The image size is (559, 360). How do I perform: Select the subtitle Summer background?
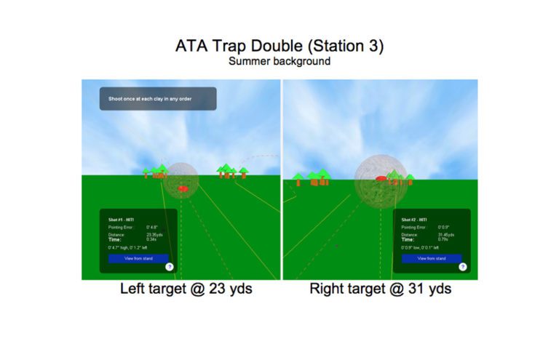279,62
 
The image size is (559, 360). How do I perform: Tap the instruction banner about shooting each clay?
158,98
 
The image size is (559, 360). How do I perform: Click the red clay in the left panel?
183,188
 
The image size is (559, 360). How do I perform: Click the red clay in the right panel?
379,178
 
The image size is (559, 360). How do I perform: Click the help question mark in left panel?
169,267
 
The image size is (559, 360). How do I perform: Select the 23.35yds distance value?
155,234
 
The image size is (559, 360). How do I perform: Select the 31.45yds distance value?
447,234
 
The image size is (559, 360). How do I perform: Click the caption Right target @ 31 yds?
380,289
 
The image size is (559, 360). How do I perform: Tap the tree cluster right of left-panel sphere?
231,172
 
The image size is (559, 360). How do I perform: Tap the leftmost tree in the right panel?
297,178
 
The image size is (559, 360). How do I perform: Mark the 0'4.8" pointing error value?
152,227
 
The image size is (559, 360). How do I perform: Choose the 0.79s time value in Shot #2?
443,239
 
